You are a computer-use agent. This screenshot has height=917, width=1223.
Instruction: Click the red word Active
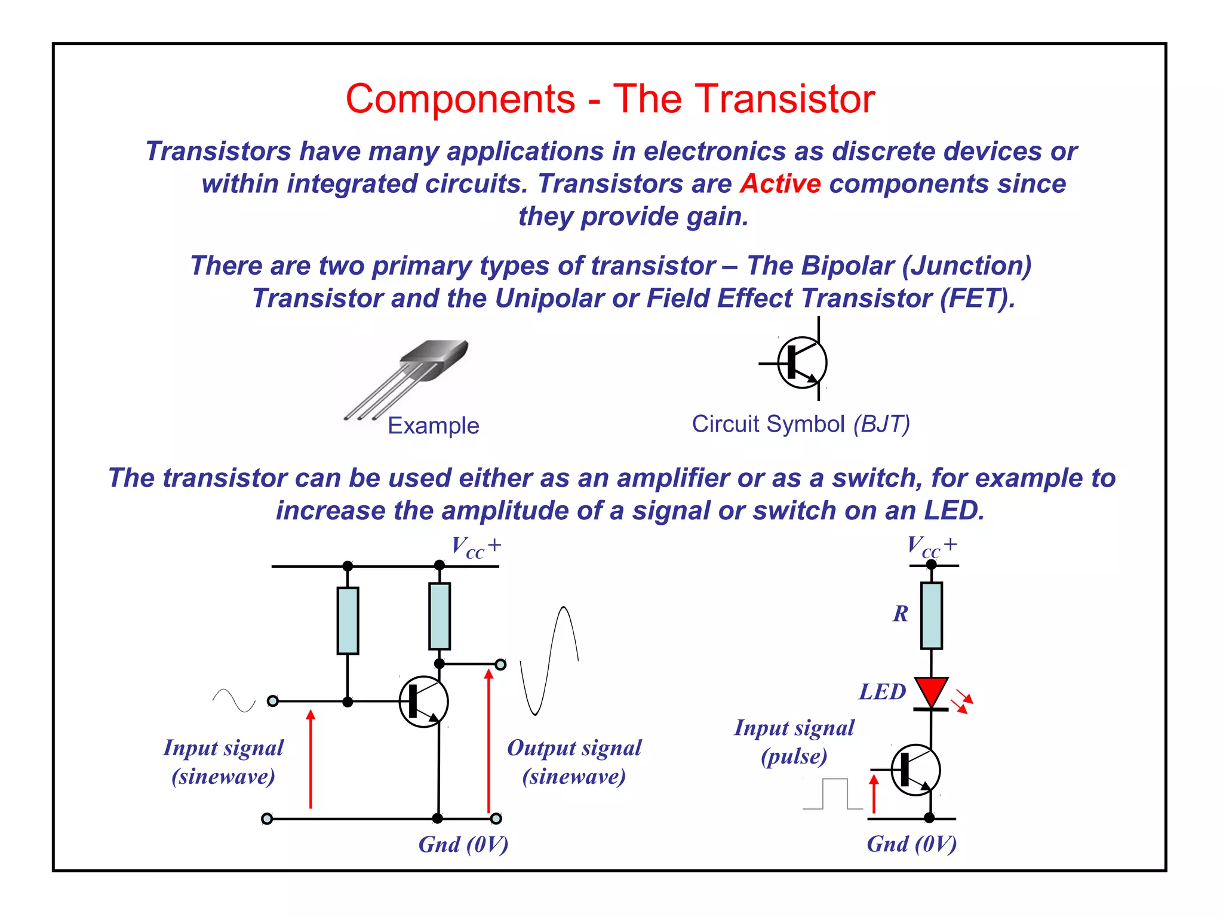(x=780, y=184)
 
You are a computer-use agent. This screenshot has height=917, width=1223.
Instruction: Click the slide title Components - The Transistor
(x=610, y=99)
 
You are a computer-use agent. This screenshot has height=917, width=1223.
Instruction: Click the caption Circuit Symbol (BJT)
(x=800, y=424)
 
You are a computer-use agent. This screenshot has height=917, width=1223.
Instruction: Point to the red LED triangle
(x=931, y=691)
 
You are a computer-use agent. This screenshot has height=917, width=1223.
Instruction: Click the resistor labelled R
(x=931, y=616)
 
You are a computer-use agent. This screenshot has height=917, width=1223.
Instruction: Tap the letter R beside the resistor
(x=901, y=614)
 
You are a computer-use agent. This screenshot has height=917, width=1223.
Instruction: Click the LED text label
(x=882, y=692)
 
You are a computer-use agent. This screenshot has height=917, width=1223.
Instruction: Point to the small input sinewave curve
(x=233, y=700)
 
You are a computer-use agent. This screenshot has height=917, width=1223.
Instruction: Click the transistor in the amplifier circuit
(x=423, y=701)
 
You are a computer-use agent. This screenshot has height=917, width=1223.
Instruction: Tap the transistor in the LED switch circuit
(x=915, y=770)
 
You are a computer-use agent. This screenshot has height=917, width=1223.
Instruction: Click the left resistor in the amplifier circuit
(x=348, y=621)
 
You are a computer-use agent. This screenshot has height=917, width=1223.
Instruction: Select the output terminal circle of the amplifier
(x=500, y=664)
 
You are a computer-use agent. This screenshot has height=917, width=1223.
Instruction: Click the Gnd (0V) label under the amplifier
(x=463, y=845)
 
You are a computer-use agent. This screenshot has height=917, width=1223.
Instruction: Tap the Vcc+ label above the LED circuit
(x=932, y=546)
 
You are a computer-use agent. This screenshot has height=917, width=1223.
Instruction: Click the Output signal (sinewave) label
(x=574, y=762)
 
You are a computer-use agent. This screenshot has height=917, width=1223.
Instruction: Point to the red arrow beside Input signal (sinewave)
(x=311, y=759)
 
